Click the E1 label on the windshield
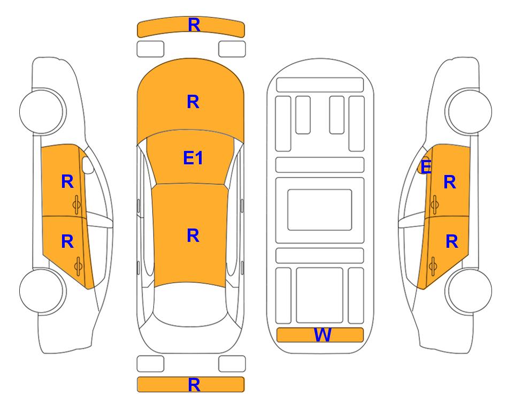(193, 158)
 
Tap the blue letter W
(322, 335)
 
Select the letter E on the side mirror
(426, 166)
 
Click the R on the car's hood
(193, 102)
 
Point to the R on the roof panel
(193, 236)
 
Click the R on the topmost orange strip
(194, 25)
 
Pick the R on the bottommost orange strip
(194, 385)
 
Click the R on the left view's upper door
(67, 181)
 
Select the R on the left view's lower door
(67, 242)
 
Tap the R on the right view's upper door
(450, 182)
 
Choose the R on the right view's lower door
(452, 242)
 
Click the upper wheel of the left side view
(42, 111)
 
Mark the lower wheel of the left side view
(42, 291)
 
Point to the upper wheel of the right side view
(468, 111)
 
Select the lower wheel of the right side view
(468, 291)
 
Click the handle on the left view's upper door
(77, 204)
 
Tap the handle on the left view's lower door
(78, 266)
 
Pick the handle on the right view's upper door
(434, 204)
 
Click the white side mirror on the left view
(87, 165)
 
